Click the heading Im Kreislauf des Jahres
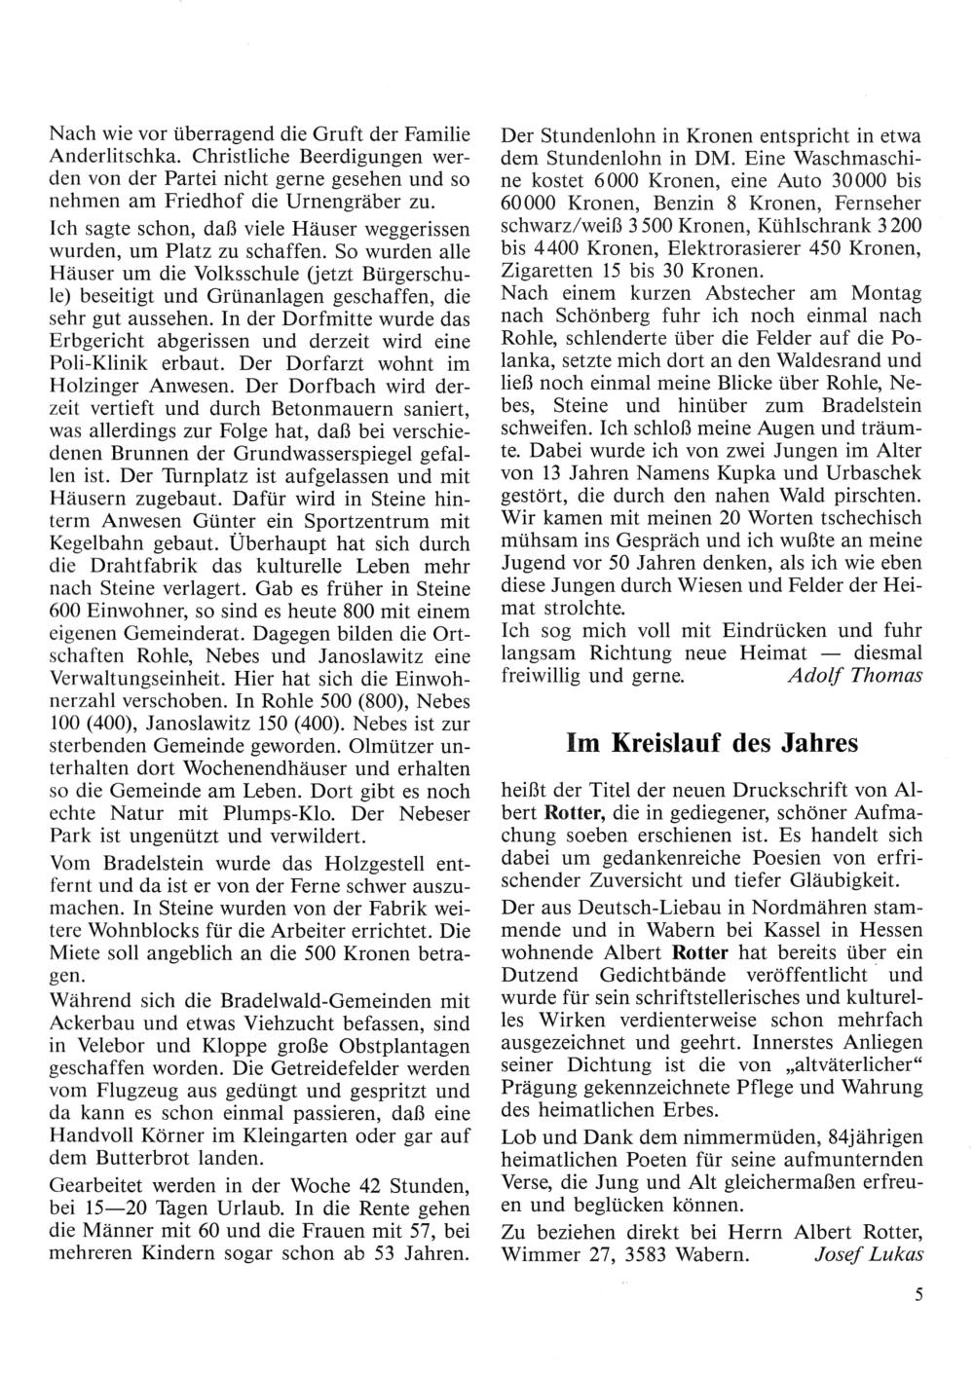(712, 743)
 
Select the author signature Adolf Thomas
(853, 675)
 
